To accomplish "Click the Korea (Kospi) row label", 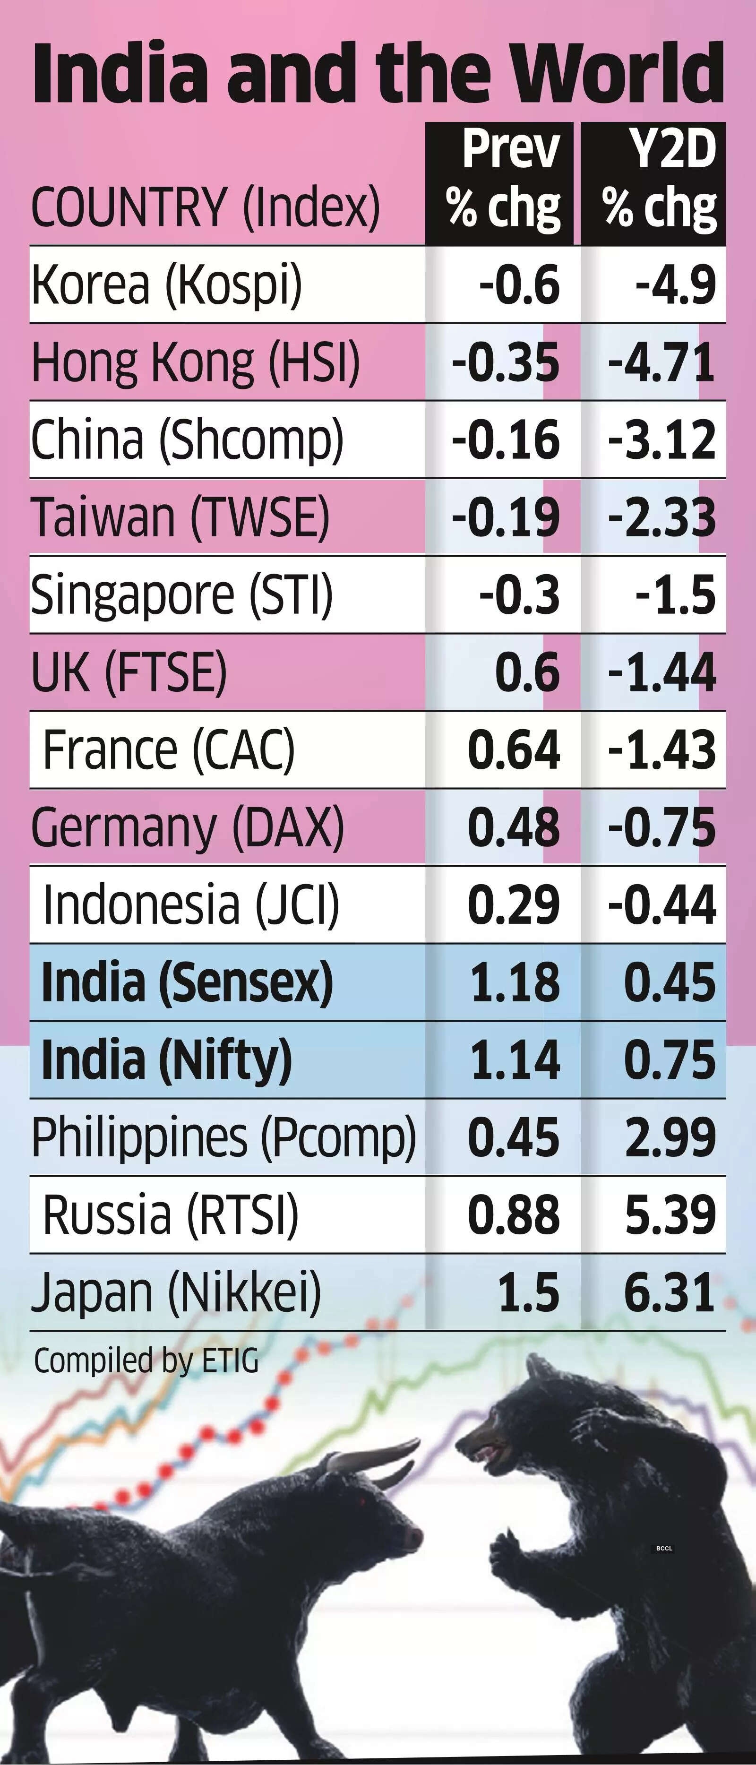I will click(x=166, y=284).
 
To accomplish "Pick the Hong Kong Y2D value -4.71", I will click(x=661, y=362).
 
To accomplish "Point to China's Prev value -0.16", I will click(x=506, y=440).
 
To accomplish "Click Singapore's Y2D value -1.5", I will click(x=675, y=595).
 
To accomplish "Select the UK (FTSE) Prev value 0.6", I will click(x=527, y=672).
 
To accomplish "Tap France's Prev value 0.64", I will click(x=514, y=749).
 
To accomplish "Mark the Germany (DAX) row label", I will click(x=188, y=827).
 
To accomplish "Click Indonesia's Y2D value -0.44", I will click(x=661, y=904).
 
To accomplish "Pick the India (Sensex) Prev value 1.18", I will click(x=515, y=982).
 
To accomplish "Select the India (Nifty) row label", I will click(x=166, y=1060).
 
